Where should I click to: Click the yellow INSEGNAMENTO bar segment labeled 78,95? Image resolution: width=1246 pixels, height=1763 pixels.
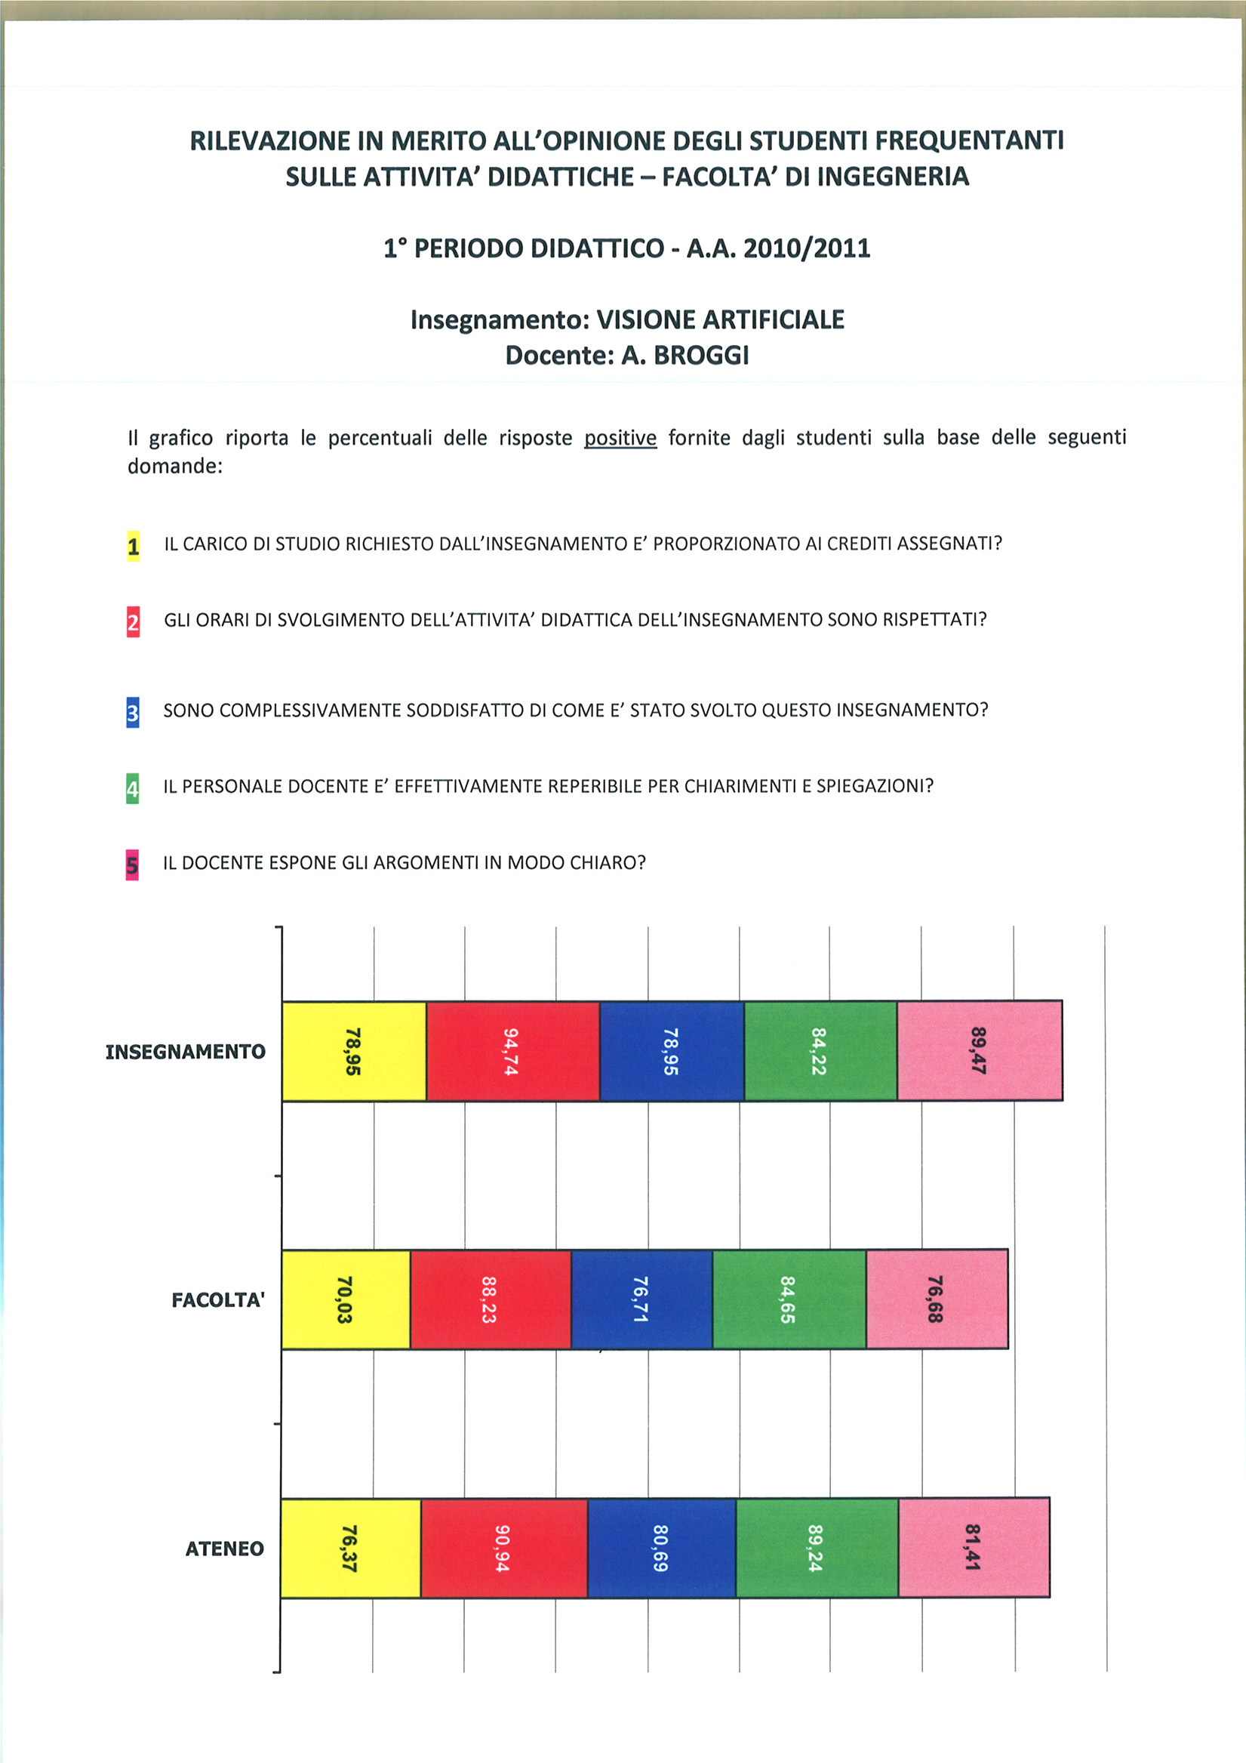[354, 1050]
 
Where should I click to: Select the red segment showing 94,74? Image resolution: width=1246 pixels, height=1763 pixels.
[513, 1050]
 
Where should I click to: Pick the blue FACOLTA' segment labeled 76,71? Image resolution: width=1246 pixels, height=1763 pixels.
[641, 1299]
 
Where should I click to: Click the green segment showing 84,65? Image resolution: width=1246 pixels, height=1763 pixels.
[789, 1299]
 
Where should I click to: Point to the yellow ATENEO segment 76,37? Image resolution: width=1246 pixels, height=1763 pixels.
[351, 1548]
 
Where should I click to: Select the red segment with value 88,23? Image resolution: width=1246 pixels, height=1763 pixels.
[491, 1299]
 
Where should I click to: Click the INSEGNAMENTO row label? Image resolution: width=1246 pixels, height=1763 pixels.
[186, 1051]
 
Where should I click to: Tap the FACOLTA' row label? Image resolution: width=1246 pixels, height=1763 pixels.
[218, 1300]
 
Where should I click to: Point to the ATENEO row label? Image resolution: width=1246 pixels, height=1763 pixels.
[224, 1549]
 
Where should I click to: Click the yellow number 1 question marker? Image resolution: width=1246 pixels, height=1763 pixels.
[134, 546]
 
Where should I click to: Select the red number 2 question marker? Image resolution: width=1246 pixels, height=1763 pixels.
[134, 622]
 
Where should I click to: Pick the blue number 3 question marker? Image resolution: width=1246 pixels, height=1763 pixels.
[133, 713]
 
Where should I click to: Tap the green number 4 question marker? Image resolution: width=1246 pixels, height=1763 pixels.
[133, 788]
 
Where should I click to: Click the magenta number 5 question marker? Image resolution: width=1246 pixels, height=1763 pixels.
[132, 865]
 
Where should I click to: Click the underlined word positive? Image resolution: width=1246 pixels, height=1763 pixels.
[620, 438]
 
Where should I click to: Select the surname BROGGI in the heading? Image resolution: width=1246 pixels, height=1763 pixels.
[700, 356]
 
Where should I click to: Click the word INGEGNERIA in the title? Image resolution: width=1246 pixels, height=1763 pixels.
[892, 177]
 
